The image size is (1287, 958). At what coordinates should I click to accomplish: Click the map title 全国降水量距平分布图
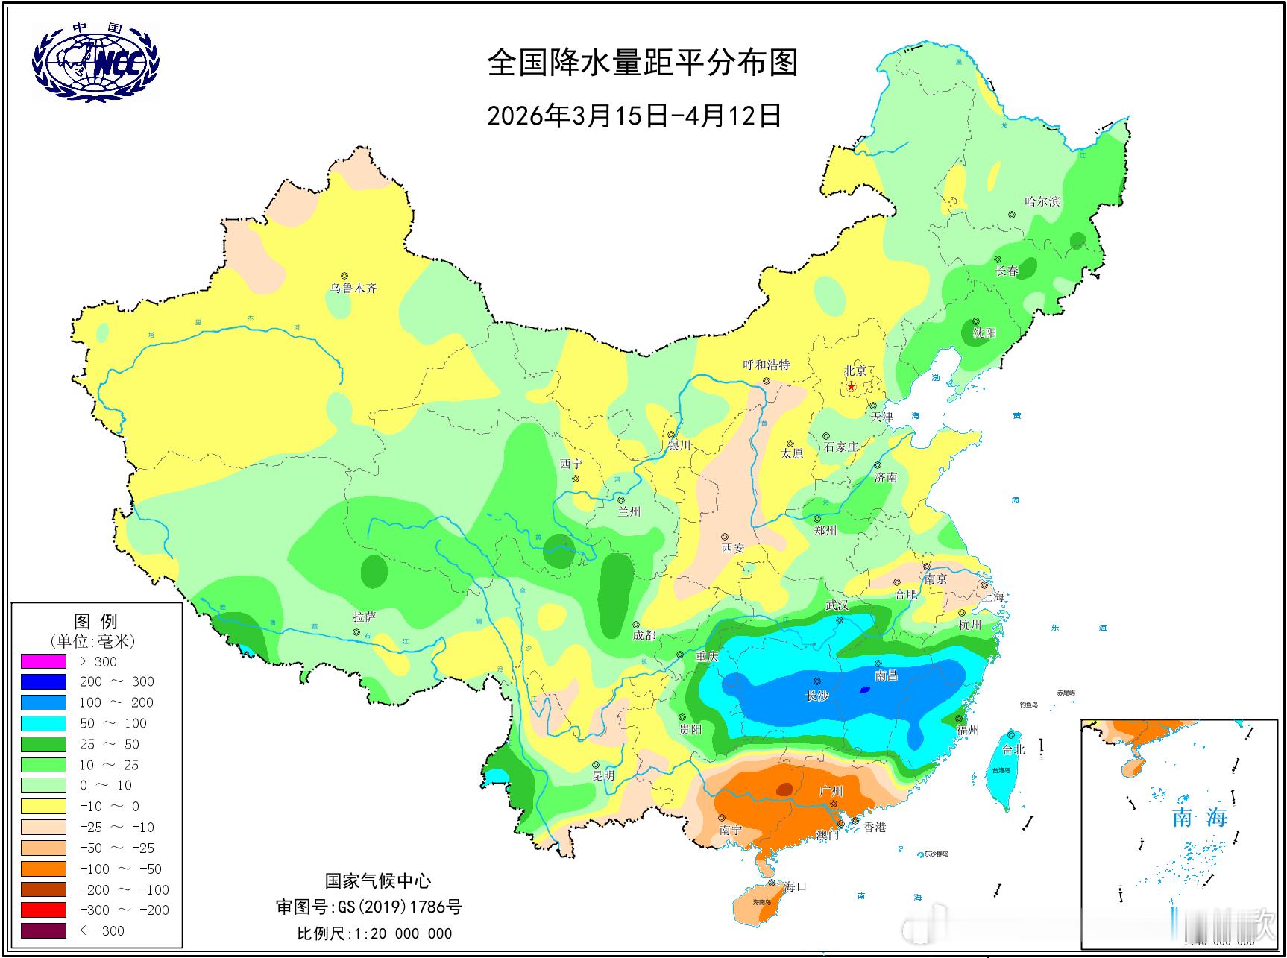click(x=643, y=63)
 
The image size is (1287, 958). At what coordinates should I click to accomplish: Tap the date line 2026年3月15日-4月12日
click(x=634, y=116)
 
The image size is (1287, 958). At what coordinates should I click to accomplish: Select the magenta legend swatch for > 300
click(x=43, y=661)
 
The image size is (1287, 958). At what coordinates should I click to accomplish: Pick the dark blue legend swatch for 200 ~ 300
click(x=43, y=681)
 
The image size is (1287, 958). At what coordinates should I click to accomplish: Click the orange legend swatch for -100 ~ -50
click(x=43, y=869)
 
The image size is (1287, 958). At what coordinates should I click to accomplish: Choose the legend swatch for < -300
click(x=43, y=930)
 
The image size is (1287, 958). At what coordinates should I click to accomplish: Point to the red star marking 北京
click(x=852, y=386)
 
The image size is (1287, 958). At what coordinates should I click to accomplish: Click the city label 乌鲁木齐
click(x=354, y=288)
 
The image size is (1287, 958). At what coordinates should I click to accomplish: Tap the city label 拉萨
click(x=364, y=617)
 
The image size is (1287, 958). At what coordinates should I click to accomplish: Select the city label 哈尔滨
click(x=1042, y=201)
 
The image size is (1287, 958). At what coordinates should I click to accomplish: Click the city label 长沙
click(x=817, y=696)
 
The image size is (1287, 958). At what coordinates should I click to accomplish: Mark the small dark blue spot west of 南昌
click(x=864, y=690)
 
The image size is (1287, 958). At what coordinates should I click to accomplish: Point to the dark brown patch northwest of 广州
click(x=784, y=789)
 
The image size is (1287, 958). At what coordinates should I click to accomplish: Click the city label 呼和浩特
click(x=767, y=365)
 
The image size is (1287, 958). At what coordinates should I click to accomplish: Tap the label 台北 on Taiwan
click(x=1013, y=749)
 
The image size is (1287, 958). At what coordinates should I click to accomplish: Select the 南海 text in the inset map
click(x=1199, y=818)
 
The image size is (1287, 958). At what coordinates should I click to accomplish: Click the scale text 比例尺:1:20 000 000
click(x=374, y=933)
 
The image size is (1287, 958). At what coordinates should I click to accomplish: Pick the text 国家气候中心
click(x=377, y=881)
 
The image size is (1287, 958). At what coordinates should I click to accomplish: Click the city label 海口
click(x=795, y=886)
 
